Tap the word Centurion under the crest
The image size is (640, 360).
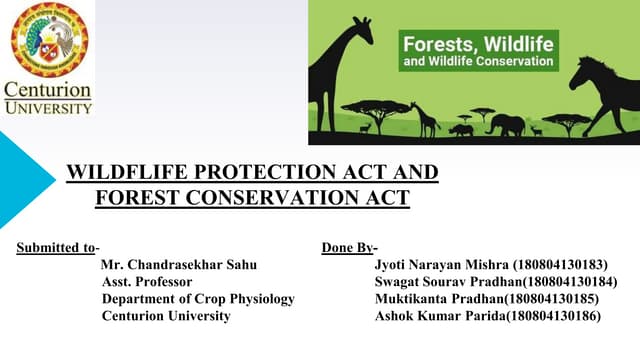(x=48, y=90)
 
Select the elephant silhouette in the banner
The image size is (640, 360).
(x=505, y=124)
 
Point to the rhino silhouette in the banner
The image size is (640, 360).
(x=461, y=128)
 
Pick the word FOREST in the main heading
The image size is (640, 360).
(x=140, y=197)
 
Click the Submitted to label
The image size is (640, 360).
(x=58, y=246)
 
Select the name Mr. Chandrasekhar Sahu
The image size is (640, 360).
(x=179, y=264)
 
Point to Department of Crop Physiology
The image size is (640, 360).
(x=198, y=298)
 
